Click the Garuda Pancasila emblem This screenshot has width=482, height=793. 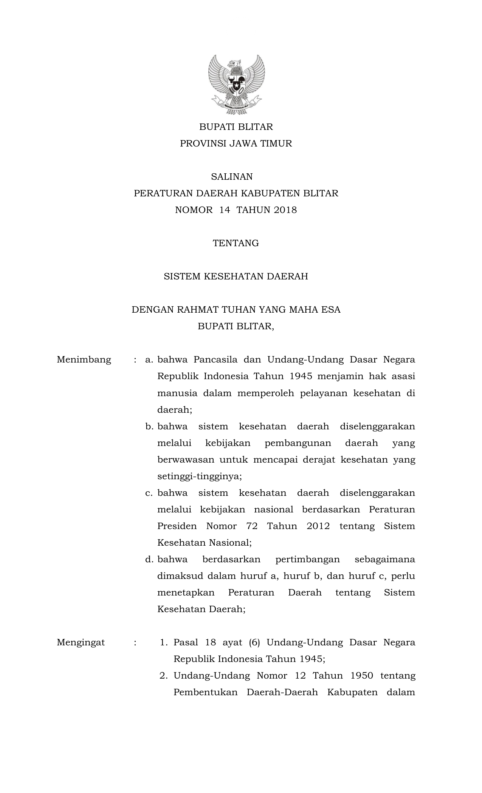pos(236,85)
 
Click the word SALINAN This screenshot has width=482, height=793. pos(232,177)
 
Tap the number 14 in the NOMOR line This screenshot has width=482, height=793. pos(225,210)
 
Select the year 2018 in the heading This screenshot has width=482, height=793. pos(285,210)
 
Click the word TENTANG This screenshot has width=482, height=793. pos(236,243)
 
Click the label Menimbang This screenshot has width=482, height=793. pos(84,359)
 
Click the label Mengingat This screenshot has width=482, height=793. pos(81,642)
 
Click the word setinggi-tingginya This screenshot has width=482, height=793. pos(199,476)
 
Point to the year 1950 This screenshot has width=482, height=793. pos(362,676)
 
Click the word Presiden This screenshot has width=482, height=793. pos(177,526)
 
